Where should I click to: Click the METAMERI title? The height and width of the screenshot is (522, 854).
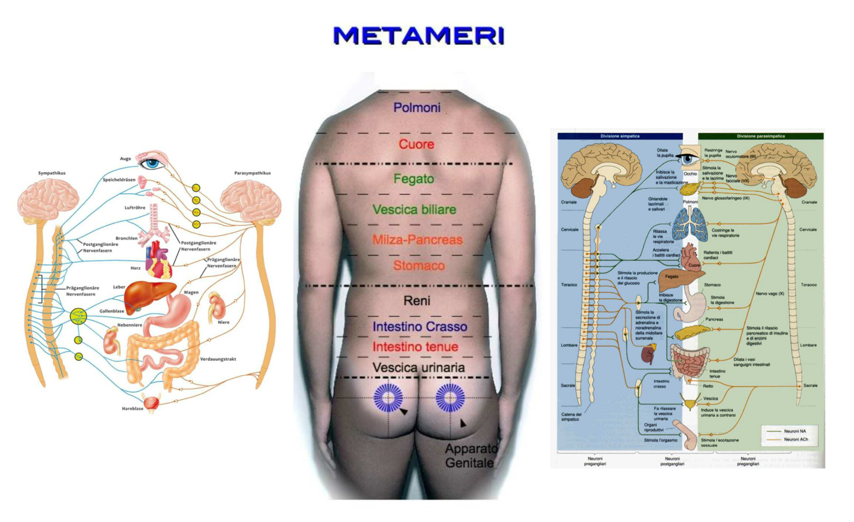pyautogui.click(x=418, y=35)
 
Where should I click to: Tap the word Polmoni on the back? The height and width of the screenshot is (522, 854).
pyautogui.click(x=417, y=107)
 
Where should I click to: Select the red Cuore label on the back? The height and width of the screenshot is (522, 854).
pyautogui.click(x=416, y=144)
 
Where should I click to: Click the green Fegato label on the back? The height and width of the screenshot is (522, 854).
pyautogui.click(x=414, y=179)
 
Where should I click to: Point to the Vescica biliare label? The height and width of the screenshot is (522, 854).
pyautogui.click(x=414, y=209)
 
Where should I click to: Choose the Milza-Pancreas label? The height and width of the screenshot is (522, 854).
pyautogui.click(x=417, y=240)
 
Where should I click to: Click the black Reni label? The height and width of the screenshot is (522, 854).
pyautogui.click(x=417, y=301)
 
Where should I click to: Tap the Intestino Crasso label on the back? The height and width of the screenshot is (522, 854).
pyautogui.click(x=420, y=326)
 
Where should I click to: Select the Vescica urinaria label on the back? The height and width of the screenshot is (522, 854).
pyautogui.click(x=418, y=368)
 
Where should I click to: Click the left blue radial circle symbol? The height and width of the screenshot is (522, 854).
pyautogui.click(x=388, y=397)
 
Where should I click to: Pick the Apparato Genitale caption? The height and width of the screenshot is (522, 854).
pyautogui.click(x=471, y=456)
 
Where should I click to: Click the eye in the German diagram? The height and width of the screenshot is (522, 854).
pyautogui.click(x=153, y=162)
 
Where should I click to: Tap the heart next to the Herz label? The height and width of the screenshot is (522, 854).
pyautogui.click(x=158, y=260)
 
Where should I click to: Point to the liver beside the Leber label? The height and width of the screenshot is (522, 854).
pyautogui.click(x=147, y=295)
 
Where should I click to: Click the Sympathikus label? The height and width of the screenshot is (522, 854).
pyautogui.click(x=52, y=173)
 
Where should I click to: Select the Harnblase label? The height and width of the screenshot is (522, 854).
pyautogui.click(x=133, y=409)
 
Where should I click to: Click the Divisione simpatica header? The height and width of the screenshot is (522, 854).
pyautogui.click(x=620, y=136)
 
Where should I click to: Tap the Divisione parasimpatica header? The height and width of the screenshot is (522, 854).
pyautogui.click(x=760, y=136)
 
